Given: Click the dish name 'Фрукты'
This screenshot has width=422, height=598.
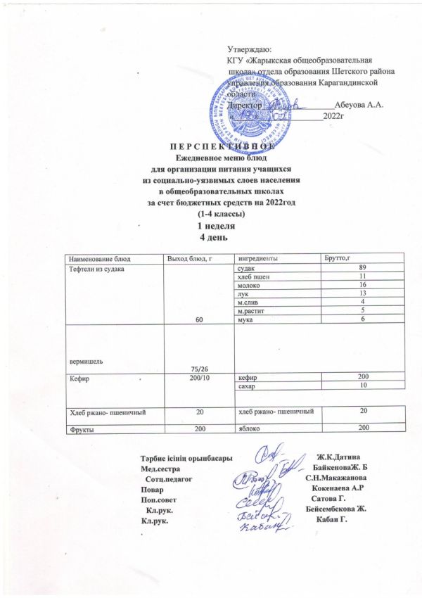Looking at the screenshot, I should (x=81, y=428).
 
